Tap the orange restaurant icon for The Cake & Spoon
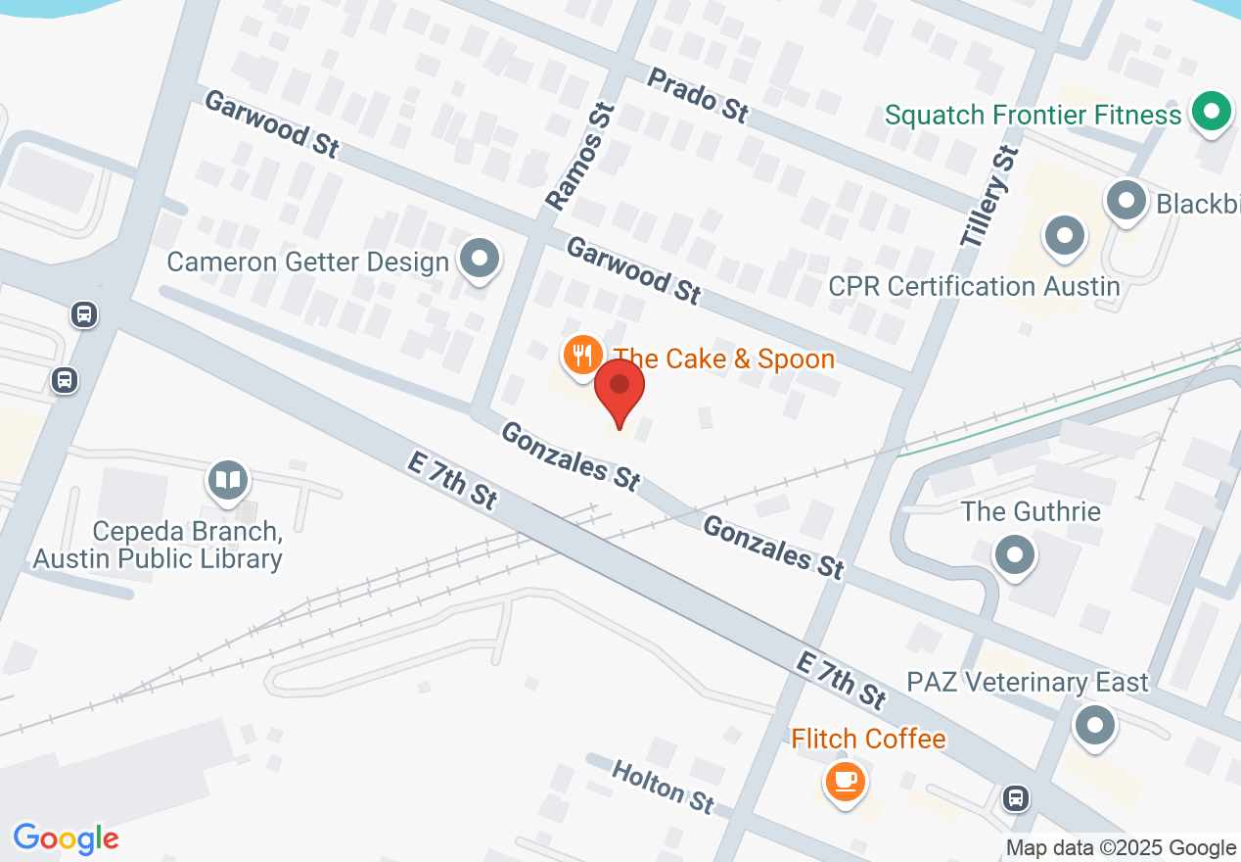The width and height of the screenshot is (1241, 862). (582, 355)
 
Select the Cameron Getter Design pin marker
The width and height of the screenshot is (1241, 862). (480, 261)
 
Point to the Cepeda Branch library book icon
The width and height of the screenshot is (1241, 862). (228, 480)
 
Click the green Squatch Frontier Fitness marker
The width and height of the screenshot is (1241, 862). (1212, 111)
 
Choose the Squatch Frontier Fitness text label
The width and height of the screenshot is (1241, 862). (1033, 116)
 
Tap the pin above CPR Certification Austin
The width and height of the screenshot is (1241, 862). (1065, 236)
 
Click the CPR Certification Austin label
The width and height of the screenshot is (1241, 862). (974, 286)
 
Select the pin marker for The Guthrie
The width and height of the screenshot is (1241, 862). (1015, 555)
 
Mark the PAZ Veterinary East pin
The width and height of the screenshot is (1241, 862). (1095, 727)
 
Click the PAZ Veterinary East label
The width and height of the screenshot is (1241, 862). (1027, 682)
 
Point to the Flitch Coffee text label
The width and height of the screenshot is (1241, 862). (868, 739)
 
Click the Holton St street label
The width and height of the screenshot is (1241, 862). (663, 786)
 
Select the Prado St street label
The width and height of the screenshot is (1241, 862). (699, 95)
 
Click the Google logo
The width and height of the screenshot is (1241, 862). (66, 838)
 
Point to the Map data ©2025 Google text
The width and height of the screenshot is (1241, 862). (1122, 848)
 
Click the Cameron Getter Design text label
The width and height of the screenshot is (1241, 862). (307, 262)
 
